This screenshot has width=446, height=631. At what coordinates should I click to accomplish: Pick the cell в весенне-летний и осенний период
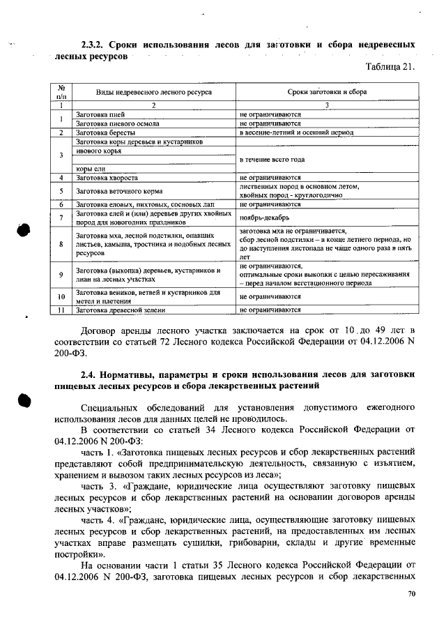(x=296, y=132)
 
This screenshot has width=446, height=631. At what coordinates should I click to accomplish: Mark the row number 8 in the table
(x=61, y=245)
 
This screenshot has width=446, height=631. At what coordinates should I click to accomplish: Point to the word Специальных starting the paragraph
(x=108, y=405)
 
